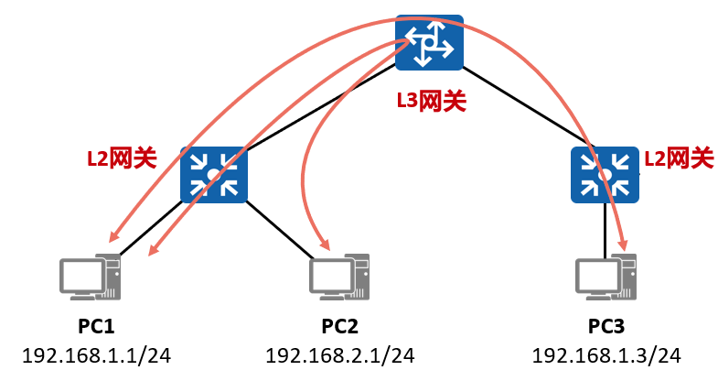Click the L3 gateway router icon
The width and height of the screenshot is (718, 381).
[429, 42]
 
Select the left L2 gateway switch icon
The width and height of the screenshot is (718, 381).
[214, 175]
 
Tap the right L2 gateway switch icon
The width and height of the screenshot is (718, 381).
[605, 175]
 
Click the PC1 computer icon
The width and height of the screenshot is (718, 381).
[91, 277]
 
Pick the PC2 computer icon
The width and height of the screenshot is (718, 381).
[339, 277]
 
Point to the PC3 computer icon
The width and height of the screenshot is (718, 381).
[605, 277]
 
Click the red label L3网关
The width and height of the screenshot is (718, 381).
[432, 101]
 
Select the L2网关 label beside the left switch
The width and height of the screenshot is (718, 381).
[123, 158]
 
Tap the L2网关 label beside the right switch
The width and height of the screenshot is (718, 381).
[679, 158]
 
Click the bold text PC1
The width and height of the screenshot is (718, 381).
[96, 326]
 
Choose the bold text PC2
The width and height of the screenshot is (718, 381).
[339, 326]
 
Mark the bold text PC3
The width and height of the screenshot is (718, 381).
[606, 326]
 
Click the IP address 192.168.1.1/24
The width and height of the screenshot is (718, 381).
[97, 355]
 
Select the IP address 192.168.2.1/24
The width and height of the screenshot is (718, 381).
[340, 355]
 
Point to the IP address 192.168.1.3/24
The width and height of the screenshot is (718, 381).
[606, 355]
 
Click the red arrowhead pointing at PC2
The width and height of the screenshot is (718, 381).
[325, 244]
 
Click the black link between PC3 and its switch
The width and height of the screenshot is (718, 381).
[605, 231]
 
